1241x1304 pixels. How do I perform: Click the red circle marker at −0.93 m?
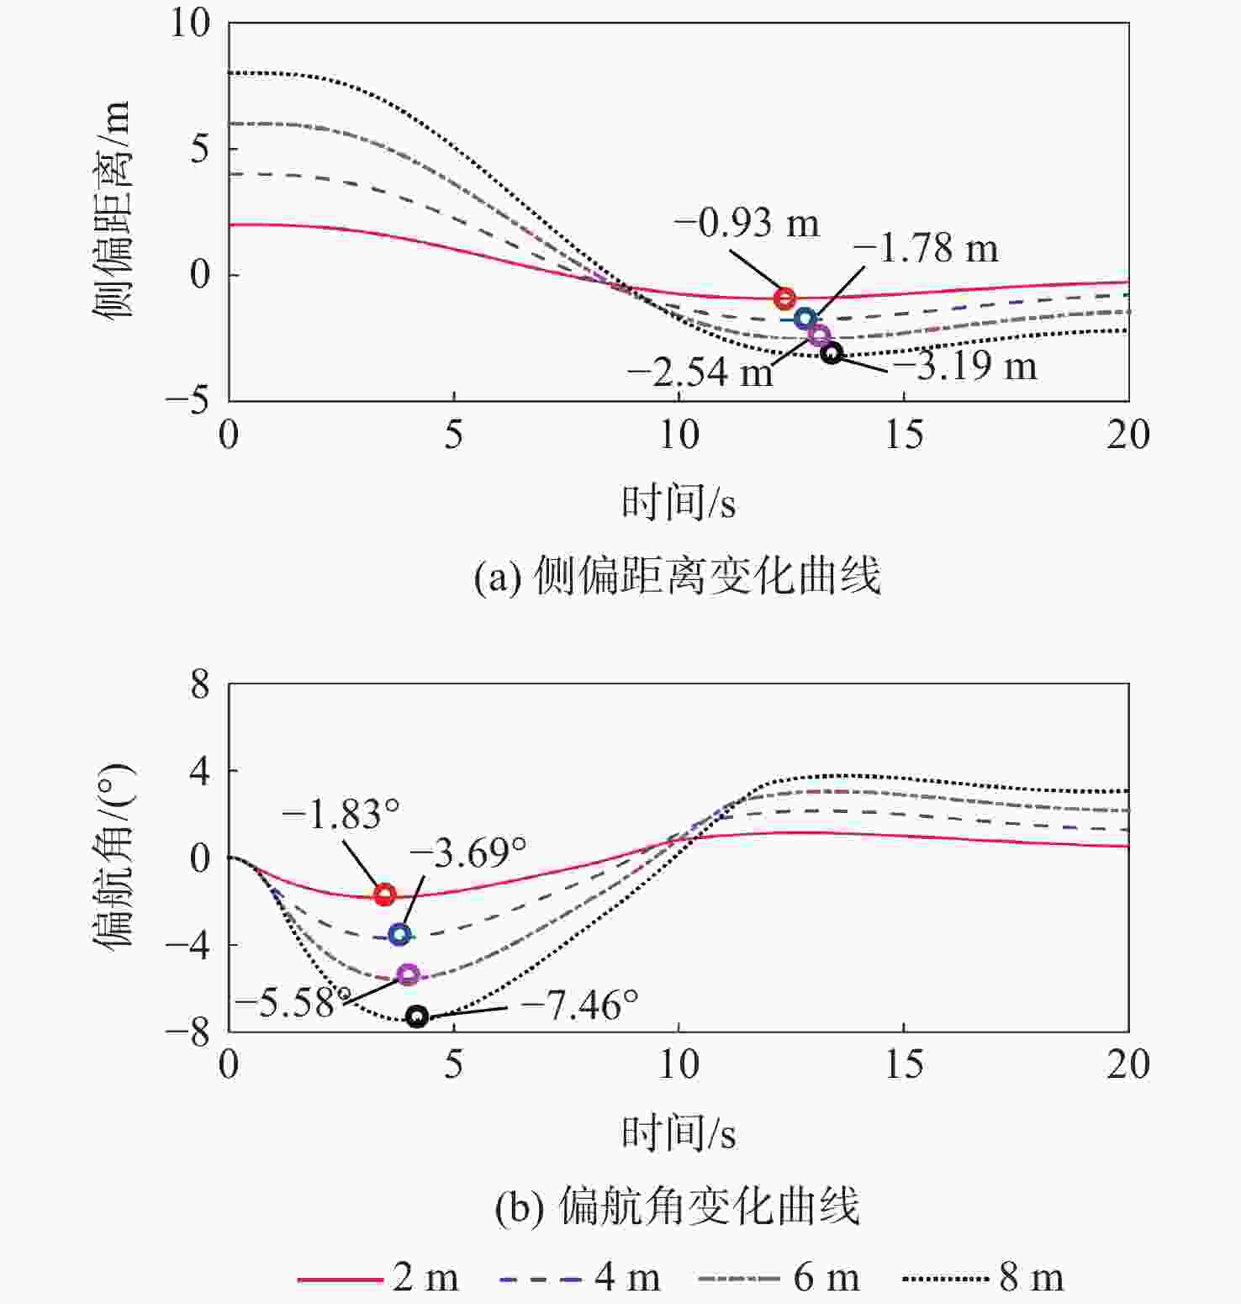(x=784, y=298)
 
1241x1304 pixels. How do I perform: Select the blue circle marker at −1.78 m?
(x=805, y=319)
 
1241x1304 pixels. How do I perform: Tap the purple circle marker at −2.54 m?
(x=819, y=335)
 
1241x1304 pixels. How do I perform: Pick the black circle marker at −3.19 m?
(x=832, y=353)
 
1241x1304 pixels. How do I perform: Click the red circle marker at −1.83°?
(x=384, y=894)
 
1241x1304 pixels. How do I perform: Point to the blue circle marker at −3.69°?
(x=399, y=934)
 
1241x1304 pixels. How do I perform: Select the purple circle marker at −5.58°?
(x=408, y=974)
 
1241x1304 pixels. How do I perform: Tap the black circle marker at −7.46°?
(x=417, y=1016)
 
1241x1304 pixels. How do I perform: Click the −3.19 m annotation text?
(x=964, y=366)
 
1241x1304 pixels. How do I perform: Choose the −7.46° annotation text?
(x=578, y=1005)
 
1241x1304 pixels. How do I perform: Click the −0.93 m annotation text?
(x=747, y=223)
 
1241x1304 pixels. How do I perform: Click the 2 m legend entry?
(x=378, y=1278)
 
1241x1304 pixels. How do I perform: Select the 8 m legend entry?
(x=984, y=1278)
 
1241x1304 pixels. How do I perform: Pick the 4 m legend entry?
(x=580, y=1278)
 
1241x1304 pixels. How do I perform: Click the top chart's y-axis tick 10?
(x=191, y=24)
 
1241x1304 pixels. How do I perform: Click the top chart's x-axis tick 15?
(x=904, y=435)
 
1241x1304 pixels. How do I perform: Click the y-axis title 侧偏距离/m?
(x=111, y=210)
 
